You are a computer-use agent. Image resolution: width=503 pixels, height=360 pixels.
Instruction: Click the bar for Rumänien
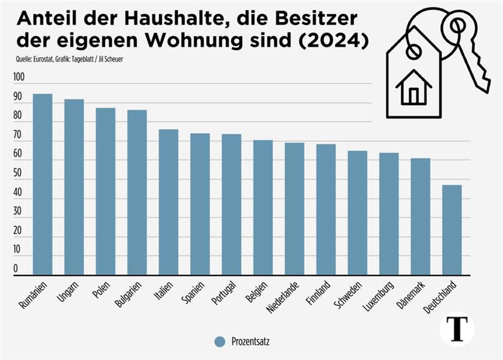42,185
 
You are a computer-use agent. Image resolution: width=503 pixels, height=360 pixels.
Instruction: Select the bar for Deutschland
451,230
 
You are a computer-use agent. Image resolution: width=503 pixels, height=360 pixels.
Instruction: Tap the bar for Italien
168,202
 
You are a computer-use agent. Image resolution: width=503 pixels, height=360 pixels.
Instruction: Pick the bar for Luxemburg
388,214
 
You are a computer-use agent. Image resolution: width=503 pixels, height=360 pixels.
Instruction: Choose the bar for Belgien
263,208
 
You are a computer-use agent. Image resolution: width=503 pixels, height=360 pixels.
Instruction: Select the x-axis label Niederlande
283,297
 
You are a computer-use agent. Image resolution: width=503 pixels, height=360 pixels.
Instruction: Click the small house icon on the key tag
414,87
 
